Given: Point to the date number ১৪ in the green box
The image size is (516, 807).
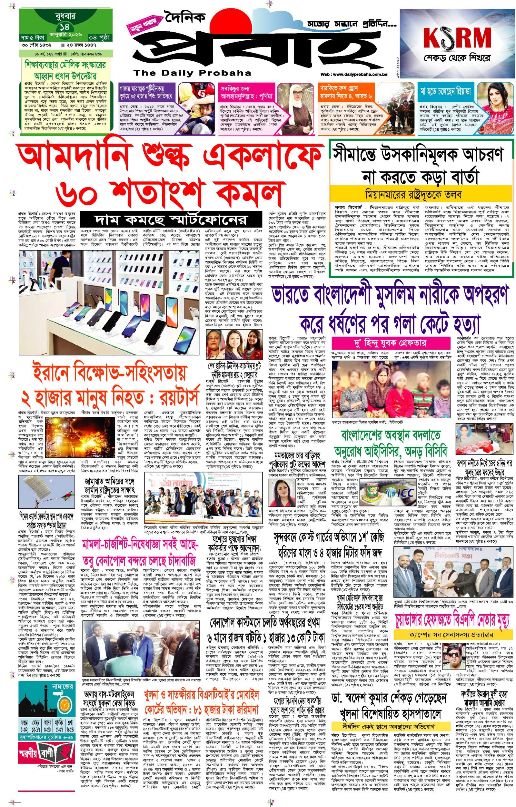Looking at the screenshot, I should coord(65,26).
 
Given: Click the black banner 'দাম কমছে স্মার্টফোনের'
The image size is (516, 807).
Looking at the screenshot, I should coord(171,220).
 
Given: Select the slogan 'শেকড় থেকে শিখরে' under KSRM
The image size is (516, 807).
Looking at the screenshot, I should coord(457,58).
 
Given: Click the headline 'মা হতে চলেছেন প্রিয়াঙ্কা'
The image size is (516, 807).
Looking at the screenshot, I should coord(446,91).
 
